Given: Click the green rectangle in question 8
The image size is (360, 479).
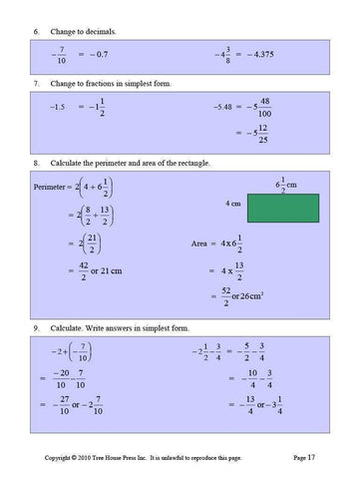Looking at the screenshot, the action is tap(288, 207).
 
